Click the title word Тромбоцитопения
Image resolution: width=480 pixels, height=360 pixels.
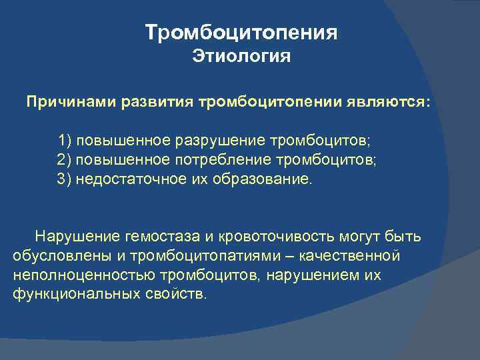[x=241, y=33]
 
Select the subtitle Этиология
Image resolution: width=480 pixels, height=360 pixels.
[x=241, y=57]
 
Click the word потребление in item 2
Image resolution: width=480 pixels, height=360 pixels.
[x=231, y=160]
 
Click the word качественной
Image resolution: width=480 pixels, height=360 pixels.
[x=353, y=256]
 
